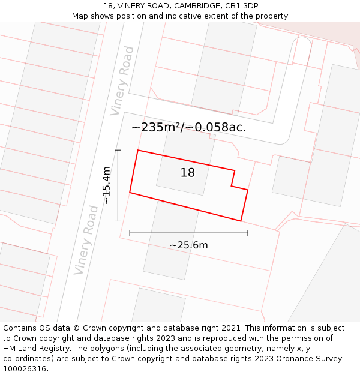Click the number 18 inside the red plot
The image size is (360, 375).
(188, 173)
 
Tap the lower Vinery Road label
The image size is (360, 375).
(86, 240)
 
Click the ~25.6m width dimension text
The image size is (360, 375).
(188, 245)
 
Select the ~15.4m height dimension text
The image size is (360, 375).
(107, 185)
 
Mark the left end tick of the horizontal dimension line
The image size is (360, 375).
(130, 233)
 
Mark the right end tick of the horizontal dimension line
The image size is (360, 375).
(248, 233)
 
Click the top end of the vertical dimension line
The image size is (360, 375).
(118, 150)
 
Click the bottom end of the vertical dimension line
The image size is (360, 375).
(118, 221)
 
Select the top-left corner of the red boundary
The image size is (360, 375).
(138, 150)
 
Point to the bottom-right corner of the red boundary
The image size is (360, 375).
(241, 221)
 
